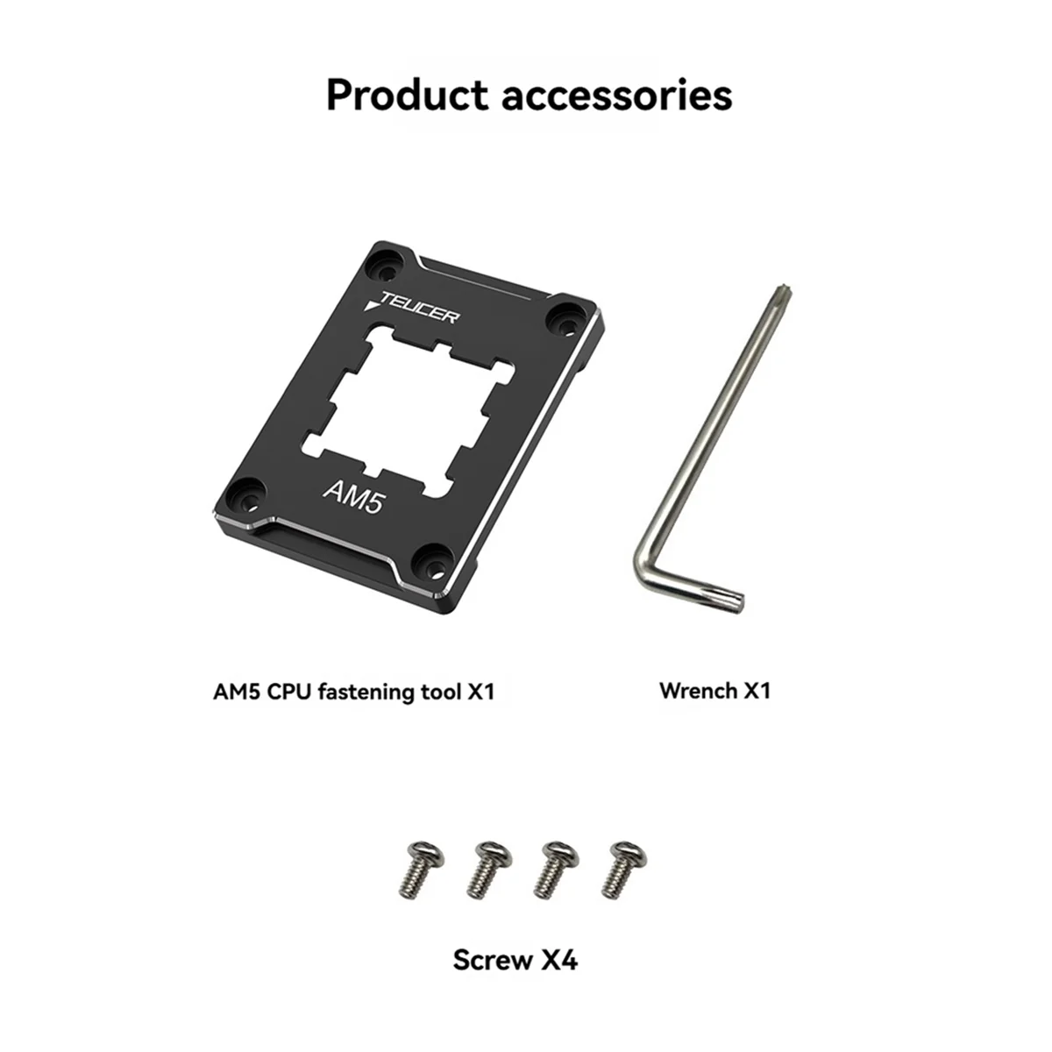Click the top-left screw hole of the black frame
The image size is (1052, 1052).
coord(384,259)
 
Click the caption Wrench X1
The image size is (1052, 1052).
coord(714,691)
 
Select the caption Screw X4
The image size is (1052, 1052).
coord(515,960)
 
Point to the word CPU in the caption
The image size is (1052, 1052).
coord(286,692)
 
